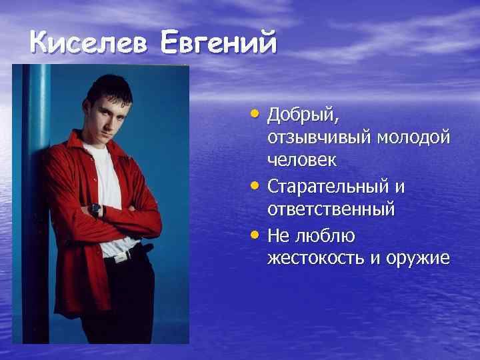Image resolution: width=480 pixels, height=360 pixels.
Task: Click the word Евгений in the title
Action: [218, 44]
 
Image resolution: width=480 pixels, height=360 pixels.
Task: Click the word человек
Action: [302, 161]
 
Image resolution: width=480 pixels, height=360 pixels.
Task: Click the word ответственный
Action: [331, 209]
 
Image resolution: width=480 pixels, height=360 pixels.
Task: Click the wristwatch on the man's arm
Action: [97, 211]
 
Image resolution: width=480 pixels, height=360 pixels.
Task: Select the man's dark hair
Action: [109, 83]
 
